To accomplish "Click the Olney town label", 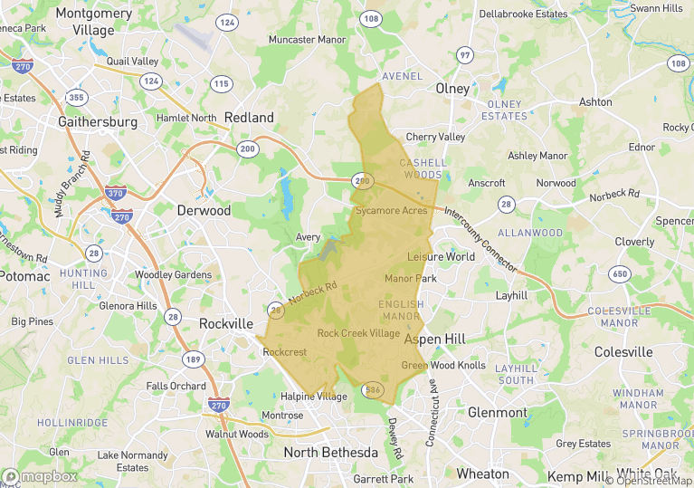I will point(452,89).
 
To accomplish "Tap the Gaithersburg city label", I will point(97,121).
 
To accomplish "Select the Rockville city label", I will point(225,323).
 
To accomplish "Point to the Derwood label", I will point(204,210).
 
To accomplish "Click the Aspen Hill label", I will point(434,339).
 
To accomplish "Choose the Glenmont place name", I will point(497,412).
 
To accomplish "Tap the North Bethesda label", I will point(330,452).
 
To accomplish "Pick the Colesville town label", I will point(623,351).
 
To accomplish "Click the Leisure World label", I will point(441,256).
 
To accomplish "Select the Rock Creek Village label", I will point(358,333).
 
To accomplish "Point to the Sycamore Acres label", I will point(391,210).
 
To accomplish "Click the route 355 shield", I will point(78,97).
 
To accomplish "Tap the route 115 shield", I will point(221,84).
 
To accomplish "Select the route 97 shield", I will point(465,55).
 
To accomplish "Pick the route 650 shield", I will point(620,273).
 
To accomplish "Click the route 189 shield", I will point(192,359).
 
